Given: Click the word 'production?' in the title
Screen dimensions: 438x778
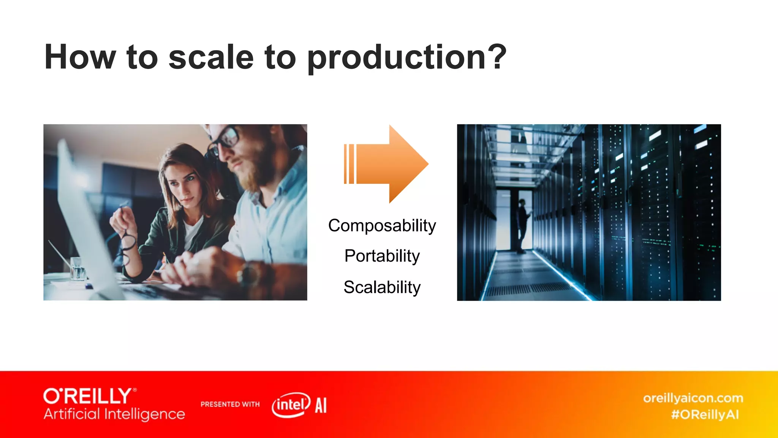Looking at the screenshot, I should [x=406, y=58].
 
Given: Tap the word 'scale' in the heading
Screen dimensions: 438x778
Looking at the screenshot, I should [x=211, y=58].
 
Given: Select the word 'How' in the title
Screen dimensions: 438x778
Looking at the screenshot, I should [x=80, y=58].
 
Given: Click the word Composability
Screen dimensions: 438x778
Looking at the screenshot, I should [x=382, y=225].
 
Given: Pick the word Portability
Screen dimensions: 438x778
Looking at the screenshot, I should [x=382, y=256].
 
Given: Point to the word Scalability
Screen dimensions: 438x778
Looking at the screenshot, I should [x=382, y=287].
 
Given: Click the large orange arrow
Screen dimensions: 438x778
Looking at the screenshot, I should [x=387, y=164].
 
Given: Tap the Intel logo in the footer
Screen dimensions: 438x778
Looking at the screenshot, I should [x=291, y=405].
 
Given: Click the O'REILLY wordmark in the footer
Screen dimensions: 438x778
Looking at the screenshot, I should [x=88, y=396].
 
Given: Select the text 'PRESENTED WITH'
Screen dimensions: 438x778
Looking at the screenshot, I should [x=230, y=404].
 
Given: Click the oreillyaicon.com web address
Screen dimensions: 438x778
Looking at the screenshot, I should [x=693, y=398].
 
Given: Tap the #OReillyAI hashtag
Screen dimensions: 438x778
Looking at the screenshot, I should [x=705, y=414].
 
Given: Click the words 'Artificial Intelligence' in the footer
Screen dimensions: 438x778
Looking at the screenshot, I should [x=114, y=414].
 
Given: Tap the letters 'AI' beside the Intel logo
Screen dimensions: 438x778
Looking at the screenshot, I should [x=321, y=405].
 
